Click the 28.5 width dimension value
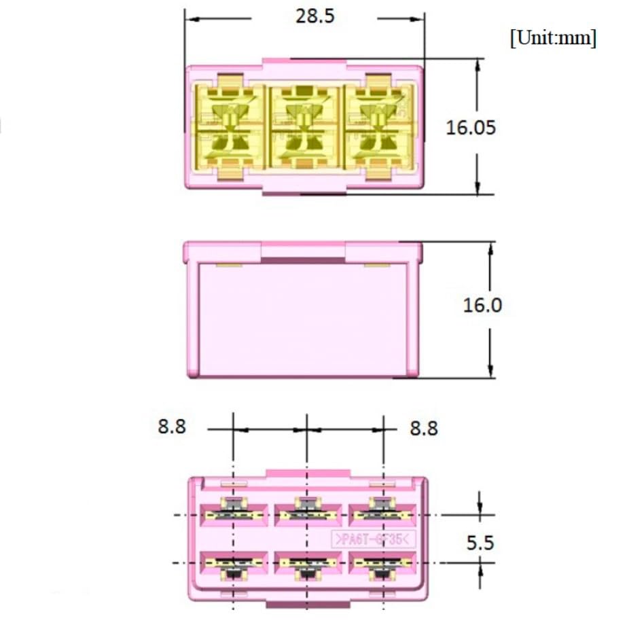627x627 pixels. pyautogui.click(x=315, y=17)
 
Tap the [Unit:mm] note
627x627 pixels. pyautogui.click(x=553, y=38)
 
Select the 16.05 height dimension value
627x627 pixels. pyautogui.click(x=471, y=127)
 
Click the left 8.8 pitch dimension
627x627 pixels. pyautogui.click(x=171, y=427)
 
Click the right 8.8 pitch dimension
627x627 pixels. pyautogui.click(x=424, y=429)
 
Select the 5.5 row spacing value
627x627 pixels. pyautogui.click(x=480, y=543)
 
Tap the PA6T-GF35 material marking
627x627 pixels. pyautogui.click(x=373, y=540)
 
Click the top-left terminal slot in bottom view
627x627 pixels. pyautogui.click(x=232, y=514)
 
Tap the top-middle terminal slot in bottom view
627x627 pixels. pyautogui.click(x=306, y=514)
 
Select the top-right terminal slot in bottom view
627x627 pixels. pyautogui.click(x=381, y=514)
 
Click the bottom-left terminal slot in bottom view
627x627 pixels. pyautogui.click(x=232, y=564)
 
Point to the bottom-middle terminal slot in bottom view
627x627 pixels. pyautogui.click(x=306, y=564)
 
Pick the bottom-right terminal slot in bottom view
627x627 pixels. pyautogui.click(x=381, y=564)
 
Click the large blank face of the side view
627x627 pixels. pyautogui.click(x=302, y=316)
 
